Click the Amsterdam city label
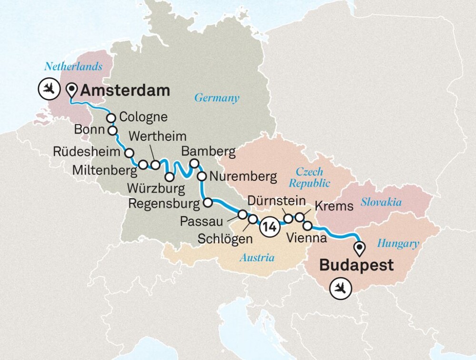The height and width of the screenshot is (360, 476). coord(125,90)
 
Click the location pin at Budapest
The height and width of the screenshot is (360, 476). coord(360,248)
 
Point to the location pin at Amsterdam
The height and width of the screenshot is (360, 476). coord(72,89)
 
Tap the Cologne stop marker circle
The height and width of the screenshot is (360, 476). coord(111,118)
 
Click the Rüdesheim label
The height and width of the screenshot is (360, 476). coord(87,152)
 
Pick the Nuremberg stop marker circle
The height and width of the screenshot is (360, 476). coord(202,177)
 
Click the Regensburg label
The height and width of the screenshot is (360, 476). coord(163,204)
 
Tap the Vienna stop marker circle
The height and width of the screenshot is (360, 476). coord(307,225)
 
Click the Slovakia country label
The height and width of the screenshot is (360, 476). coord(381,202)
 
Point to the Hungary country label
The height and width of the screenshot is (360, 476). coord(397,244)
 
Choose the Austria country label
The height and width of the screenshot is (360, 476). coord(257,258)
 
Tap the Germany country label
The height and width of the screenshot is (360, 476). coord(216,98)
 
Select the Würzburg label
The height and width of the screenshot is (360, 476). coord(156,188)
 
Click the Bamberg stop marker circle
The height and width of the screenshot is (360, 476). coord(194,163)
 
